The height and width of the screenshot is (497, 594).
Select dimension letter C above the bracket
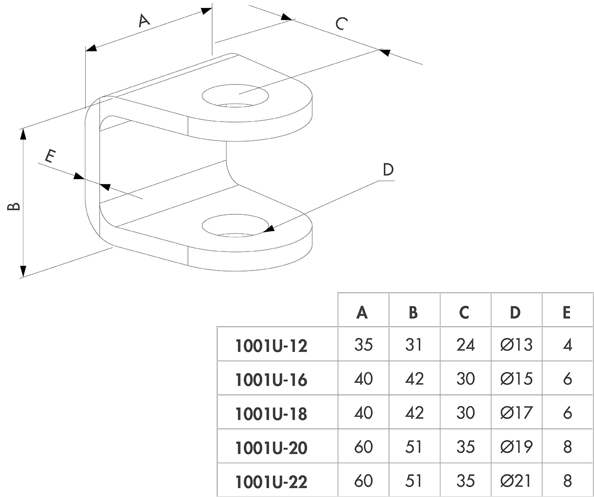point(342,23)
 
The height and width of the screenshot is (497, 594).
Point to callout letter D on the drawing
point(388,169)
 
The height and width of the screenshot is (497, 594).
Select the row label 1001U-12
point(271,346)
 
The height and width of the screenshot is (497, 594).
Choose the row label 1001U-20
point(271,448)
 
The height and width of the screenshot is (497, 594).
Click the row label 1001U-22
point(271,482)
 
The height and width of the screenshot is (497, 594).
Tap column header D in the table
point(515,313)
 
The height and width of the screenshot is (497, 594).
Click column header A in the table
point(362,313)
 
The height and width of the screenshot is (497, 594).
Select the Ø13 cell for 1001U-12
point(516,345)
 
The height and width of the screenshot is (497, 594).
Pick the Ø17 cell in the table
point(516,413)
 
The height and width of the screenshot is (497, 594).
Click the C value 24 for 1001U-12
point(465,345)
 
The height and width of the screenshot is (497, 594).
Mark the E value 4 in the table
point(567,345)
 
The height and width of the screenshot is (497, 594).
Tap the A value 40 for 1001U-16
point(363,379)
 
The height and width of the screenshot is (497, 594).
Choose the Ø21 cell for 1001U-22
point(516,480)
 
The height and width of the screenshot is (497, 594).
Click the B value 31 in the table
point(413,345)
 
